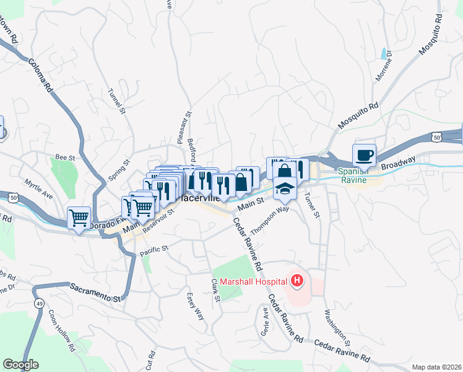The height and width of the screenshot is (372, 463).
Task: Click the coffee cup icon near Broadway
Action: [x=365, y=155]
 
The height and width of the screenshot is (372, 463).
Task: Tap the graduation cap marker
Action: [x=285, y=188]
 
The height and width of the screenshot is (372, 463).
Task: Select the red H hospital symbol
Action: [x=298, y=281]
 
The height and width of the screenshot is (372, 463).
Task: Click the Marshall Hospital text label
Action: [x=251, y=281]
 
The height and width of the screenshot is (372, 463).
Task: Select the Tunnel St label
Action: [x=115, y=101]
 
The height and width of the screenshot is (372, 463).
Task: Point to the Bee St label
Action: [x=64, y=157]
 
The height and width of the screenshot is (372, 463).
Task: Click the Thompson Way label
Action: [x=270, y=219]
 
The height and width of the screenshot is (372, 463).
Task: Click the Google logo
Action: [x=20, y=365]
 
